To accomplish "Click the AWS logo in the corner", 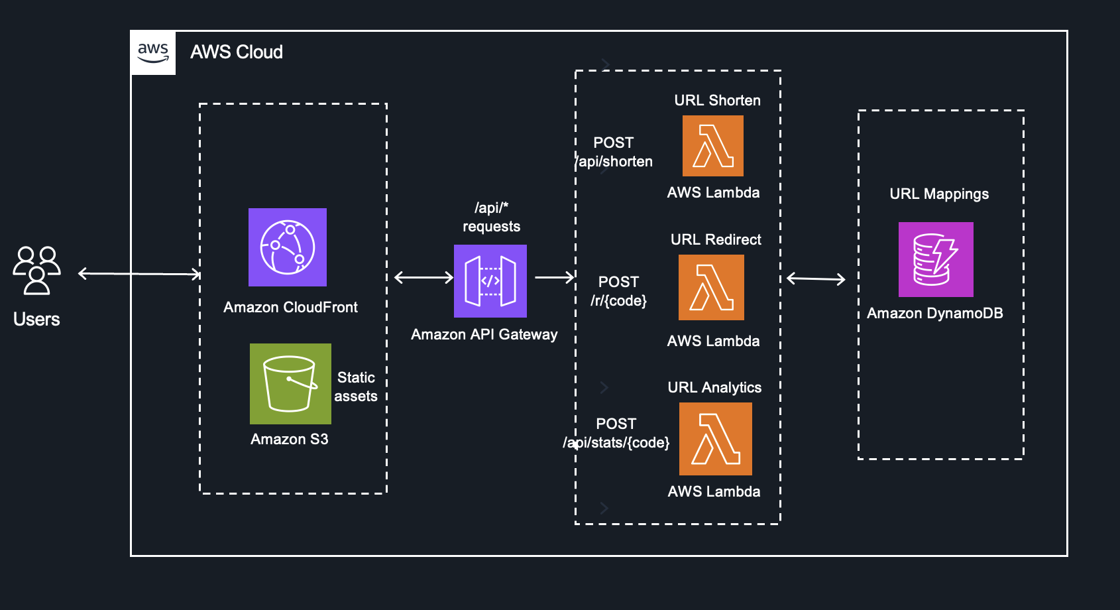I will click(x=153, y=52).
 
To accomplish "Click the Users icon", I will click(x=37, y=270).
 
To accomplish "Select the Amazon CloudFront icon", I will click(x=288, y=247).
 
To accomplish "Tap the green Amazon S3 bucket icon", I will click(x=290, y=383).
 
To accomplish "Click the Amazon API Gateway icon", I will click(x=490, y=281).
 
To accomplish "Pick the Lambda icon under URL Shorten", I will click(x=713, y=146).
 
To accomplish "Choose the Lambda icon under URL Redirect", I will click(x=711, y=288).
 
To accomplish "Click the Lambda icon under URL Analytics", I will click(x=716, y=439).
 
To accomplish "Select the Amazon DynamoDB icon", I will click(x=936, y=259).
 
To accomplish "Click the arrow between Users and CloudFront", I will click(x=139, y=273).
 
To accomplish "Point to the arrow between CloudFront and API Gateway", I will click(x=423, y=277).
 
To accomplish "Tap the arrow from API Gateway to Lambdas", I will click(x=554, y=277).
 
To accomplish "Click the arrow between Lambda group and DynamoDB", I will click(x=816, y=279).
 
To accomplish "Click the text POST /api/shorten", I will click(x=614, y=152).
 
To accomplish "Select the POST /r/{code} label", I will click(x=618, y=291).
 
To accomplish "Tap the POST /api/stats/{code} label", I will click(x=616, y=433).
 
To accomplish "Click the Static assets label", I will click(x=356, y=387).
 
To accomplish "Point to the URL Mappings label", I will click(x=939, y=194).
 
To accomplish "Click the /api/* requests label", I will click(x=491, y=217).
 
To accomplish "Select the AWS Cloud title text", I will click(x=237, y=52).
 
